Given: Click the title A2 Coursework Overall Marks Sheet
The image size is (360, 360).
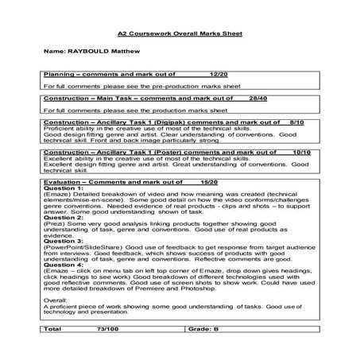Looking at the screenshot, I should click(179, 35).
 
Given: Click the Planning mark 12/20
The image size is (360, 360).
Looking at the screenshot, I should click(217, 73).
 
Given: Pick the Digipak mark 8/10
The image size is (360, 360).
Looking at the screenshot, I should click(298, 123).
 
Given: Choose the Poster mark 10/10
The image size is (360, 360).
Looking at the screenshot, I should click(300, 151).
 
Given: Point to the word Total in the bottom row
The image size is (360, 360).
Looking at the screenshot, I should click(52, 327).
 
